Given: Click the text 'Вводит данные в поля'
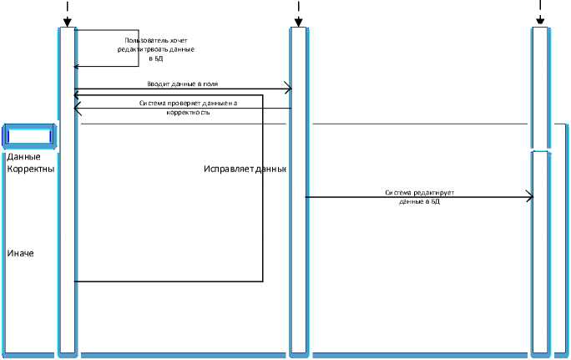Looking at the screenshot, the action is point(182,84).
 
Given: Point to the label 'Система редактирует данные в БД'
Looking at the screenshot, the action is point(419,197).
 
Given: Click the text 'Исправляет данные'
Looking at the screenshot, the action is point(245,169).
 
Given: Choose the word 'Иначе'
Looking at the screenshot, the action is point(20,253).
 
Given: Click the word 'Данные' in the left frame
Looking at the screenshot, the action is point(23,156).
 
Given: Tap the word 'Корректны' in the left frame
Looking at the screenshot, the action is point(30,169).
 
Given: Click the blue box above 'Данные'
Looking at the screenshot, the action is point(29,135).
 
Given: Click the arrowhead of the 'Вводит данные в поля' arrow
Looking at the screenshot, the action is point(286,89).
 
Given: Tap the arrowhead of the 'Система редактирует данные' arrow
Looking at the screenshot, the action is point(528,196).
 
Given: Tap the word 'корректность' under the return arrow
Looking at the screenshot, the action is point(187,112).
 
